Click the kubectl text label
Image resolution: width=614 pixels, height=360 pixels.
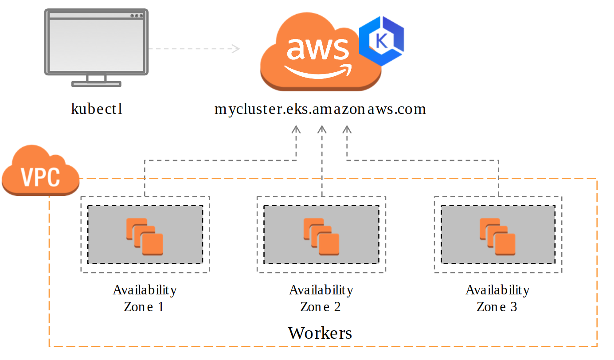pyautogui.click(x=97, y=109)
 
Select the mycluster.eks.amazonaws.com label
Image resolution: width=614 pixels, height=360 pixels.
pyautogui.click(x=320, y=109)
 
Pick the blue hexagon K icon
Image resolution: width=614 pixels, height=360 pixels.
pyautogui.click(x=381, y=41)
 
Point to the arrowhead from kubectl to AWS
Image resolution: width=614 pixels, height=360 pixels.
pyautogui.click(x=236, y=48)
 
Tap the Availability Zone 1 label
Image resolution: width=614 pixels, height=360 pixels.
pyautogui.click(x=145, y=298)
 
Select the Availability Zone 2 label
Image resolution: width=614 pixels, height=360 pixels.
pyautogui.click(x=321, y=298)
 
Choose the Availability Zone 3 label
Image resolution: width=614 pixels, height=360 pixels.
pyautogui.click(x=497, y=298)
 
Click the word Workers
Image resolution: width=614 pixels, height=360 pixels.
pyautogui.click(x=320, y=333)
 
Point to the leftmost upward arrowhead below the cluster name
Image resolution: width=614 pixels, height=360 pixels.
pyautogui.click(x=296, y=129)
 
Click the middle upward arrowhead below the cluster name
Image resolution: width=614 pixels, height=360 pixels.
pyautogui.click(x=322, y=129)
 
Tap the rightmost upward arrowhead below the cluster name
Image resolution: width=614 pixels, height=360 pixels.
pyautogui.click(x=347, y=129)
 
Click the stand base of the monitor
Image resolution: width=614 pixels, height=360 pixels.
pyautogui.click(x=96, y=83)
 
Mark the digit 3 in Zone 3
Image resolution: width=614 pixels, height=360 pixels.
pyautogui.click(x=513, y=307)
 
